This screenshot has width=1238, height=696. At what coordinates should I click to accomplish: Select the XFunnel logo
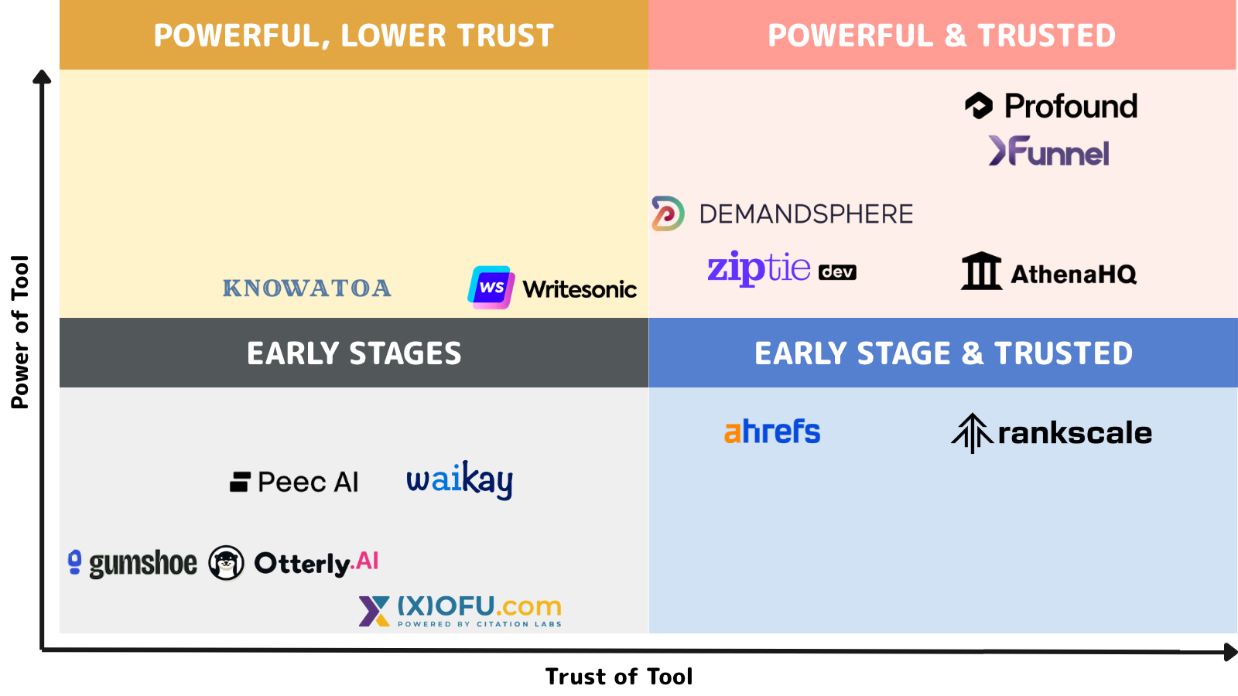(x=1048, y=151)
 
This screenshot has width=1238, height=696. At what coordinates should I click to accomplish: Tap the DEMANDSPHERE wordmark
(x=805, y=214)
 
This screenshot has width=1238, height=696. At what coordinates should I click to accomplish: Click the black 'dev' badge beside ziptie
(x=837, y=271)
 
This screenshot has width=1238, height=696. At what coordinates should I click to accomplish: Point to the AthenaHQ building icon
(x=982, y=271)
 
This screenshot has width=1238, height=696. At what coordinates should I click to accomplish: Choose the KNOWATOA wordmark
(x=306, y=288)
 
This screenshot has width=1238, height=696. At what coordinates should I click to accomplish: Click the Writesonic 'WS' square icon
(x=491, y=287)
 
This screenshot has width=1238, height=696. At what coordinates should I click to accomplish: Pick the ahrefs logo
(x=772, y=432)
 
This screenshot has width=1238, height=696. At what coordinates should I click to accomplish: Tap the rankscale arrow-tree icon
(x=972, y=433)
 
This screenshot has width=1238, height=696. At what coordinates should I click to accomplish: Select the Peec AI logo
(x=294, y=482)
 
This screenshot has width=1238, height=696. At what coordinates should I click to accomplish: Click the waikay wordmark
(x=460, y=480)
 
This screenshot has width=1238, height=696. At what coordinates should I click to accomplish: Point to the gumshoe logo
(x=132, y=564)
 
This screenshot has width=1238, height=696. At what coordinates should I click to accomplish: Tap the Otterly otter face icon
(x=226, y=563)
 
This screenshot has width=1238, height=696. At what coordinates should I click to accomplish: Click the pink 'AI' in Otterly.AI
(x=367, y=561)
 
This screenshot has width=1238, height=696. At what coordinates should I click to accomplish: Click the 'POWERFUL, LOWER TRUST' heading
(x=354, y=36)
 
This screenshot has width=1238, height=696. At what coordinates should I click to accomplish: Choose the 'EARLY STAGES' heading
(x=354, y=353)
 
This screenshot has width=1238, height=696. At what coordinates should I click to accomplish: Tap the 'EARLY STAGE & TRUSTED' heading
(x=943, y=353)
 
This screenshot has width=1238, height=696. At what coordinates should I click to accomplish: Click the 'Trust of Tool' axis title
(x=619, y=677)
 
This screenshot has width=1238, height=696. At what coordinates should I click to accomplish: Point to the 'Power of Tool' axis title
(x=20, y=332)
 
